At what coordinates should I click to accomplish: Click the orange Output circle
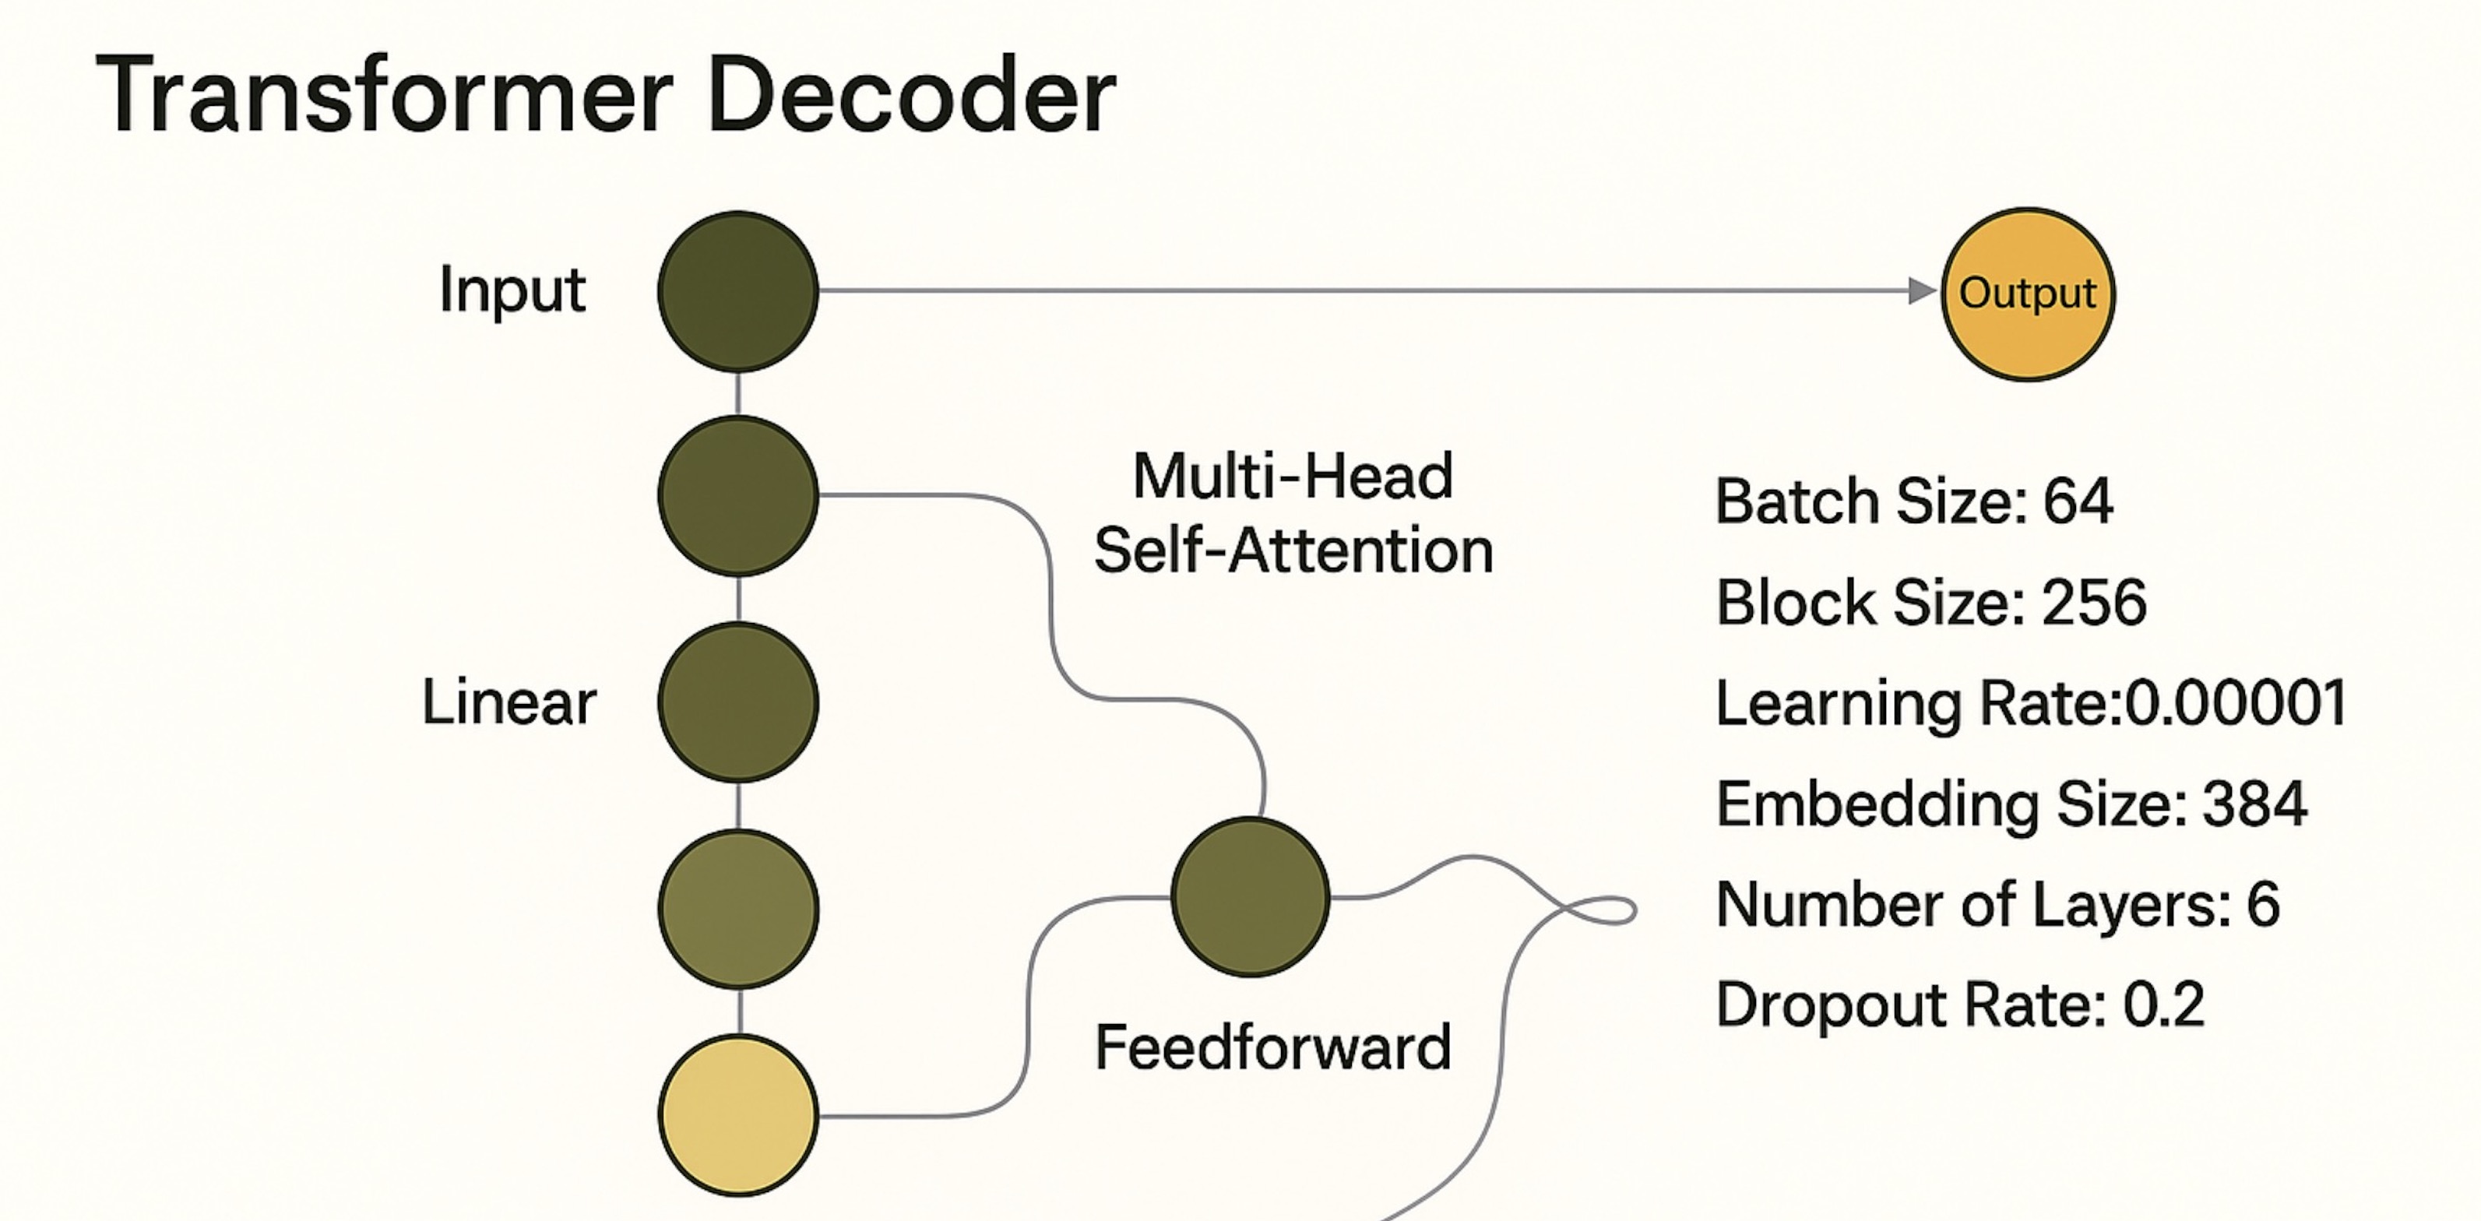(x=2026, y=294)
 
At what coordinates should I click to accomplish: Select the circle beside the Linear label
(x=737, y=702)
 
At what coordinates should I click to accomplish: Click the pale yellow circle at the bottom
(x=737, y=1115)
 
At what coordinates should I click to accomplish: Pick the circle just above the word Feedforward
(x=1250, y=896)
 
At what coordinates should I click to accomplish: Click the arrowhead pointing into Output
(x=1920, y=290)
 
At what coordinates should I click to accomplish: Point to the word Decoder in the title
(x=910, y=97)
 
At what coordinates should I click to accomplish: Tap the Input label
(x=512, y=290)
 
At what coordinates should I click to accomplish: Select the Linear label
(x=509, y=702)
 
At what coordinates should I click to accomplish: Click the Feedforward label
(x=1272, y=1047)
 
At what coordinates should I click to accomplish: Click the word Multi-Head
(x=1293, y=476)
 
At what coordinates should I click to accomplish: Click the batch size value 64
(x=2078, y=501)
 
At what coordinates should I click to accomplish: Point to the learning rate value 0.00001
(x=2234, y=703)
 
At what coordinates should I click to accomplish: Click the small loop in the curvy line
(x=1606, y=910)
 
